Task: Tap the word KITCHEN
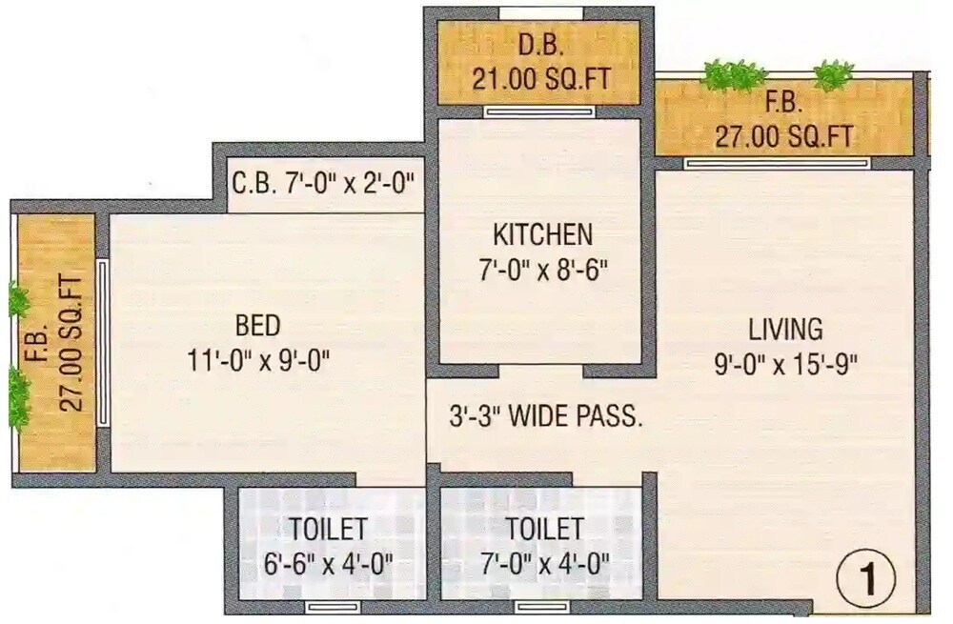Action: click(x=542, y=234)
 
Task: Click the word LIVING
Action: click(x=785, y=331)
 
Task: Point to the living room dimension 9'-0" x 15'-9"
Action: click(x=785, y=364)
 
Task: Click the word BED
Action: click(x=258, y=326)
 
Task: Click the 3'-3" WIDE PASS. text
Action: click(x=545, y=416)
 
